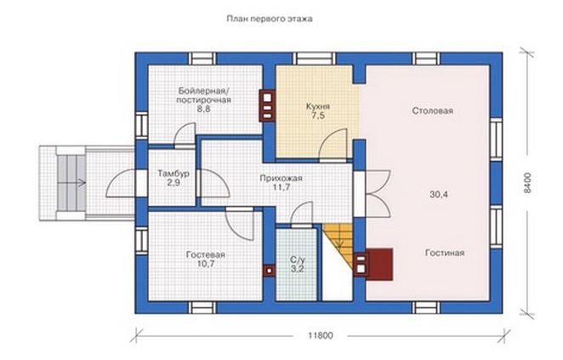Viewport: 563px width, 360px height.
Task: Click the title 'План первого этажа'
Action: coord(270,19)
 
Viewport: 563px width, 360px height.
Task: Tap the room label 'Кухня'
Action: coord(318,106)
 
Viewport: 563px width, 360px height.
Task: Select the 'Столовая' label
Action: coord(432,111)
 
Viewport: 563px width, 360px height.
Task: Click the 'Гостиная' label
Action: coord(445,253)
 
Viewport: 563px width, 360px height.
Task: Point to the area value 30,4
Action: coord(439,195)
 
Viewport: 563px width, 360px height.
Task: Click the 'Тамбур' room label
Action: coord(173,174)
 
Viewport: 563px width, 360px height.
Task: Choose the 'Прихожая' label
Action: coord(281,178)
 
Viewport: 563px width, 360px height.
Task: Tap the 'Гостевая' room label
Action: coord(205,254)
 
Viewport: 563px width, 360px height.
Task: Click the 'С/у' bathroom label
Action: coord(297,260)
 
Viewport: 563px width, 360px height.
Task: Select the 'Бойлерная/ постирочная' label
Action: coord(203,95)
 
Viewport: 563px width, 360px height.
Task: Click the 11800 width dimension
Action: coord(321,336)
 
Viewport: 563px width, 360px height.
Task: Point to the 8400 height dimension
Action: coord(526,183)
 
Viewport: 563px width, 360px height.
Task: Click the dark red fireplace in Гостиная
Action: coord(379,264)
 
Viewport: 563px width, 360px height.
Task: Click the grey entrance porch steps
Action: coord(71,183)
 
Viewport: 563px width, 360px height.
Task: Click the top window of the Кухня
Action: coord(315,59)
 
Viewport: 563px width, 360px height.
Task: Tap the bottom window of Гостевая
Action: coord(203,307)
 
